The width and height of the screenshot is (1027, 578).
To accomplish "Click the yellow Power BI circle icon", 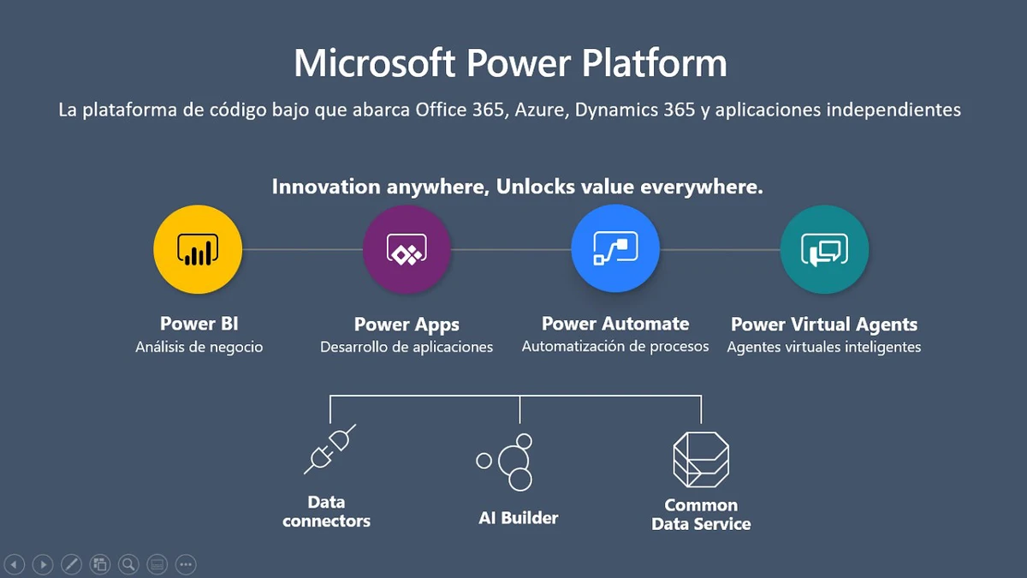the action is click(198, 249).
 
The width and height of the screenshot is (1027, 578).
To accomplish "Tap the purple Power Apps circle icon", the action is click(407, 249).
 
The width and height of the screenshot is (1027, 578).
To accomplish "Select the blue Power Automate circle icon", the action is click(615, 248).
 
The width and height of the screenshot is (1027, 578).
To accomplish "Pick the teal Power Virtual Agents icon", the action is click(824, 249).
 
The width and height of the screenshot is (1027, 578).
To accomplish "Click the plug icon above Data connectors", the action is click(329, 449).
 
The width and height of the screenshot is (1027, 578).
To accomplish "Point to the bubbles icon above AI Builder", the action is click(504, 462).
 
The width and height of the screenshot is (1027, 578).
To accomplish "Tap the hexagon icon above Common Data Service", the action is click(701, 460).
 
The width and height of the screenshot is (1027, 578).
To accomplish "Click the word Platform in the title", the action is click(654, 63).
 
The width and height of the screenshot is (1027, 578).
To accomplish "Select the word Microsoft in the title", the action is click(375, 63).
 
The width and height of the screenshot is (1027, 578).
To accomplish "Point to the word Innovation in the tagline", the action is click(326, 187).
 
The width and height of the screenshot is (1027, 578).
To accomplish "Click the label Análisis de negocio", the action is click(199, 347).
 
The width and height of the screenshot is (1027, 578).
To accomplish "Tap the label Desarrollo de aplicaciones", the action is click(407, 347).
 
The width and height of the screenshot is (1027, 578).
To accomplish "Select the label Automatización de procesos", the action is click(615, 346).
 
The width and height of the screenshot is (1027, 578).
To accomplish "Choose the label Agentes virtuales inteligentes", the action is click(824, 347).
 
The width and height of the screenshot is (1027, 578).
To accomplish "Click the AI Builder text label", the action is click(518, 518).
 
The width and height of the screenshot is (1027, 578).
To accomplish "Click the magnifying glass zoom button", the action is click(128, 564).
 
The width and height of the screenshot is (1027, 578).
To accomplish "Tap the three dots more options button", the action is click(186, 564).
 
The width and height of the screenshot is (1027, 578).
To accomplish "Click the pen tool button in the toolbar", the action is click(72, 564).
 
